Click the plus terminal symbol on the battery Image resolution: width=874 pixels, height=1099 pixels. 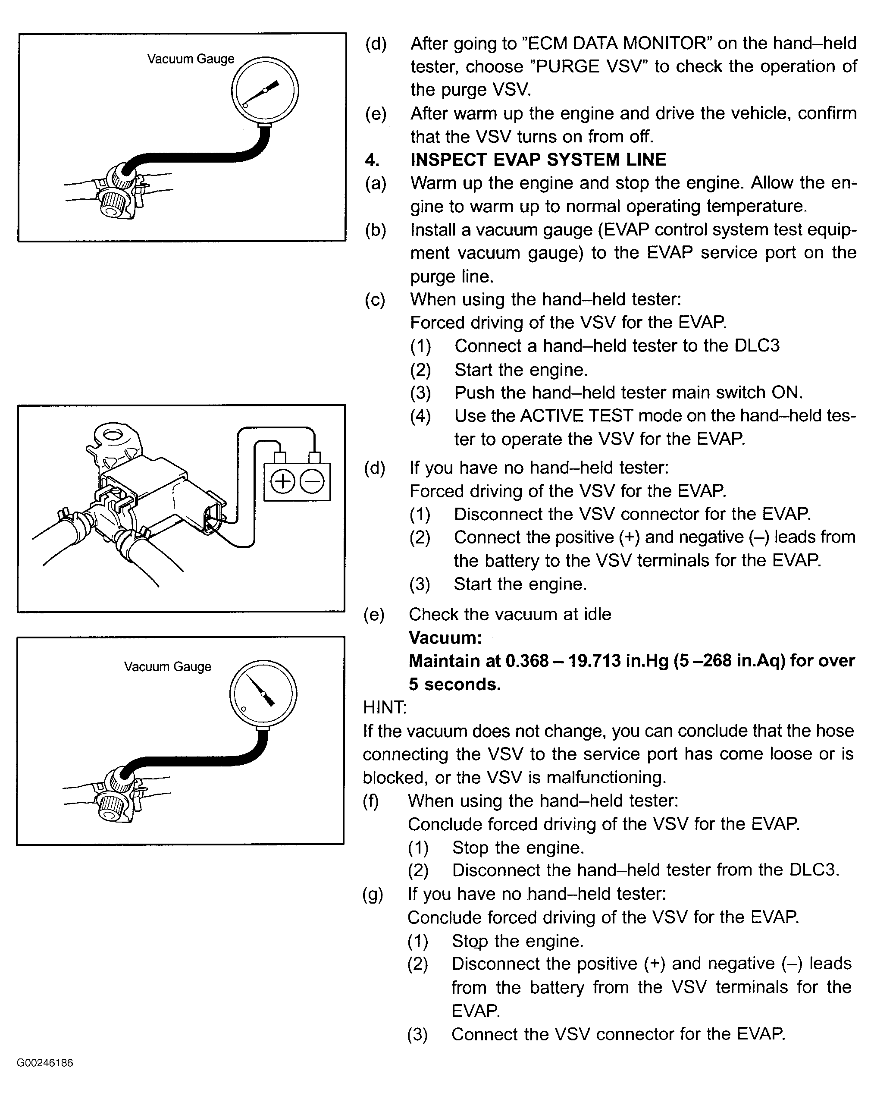(x=282, y=482)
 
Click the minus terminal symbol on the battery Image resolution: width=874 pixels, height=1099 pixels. (x=312, y=482)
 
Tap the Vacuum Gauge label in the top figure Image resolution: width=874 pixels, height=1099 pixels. (x=191, y=59)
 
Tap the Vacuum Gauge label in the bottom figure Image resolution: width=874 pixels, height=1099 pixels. (x=167, y=667)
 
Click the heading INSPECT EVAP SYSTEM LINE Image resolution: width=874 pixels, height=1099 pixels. (x=538, y=160)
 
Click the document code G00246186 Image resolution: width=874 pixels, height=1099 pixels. (x=45, y=1063)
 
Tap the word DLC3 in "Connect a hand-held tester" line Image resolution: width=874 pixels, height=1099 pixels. (x=757, y=346)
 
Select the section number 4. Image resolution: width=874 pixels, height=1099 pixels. (x=372, y=160)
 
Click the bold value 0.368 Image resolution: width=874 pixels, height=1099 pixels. (x=527, y=661)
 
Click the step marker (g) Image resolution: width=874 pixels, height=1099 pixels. (x=373, y=895)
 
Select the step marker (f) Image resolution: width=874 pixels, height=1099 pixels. (x=371, y=801)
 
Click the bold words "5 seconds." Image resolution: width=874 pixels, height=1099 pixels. (x=454, y=685)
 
